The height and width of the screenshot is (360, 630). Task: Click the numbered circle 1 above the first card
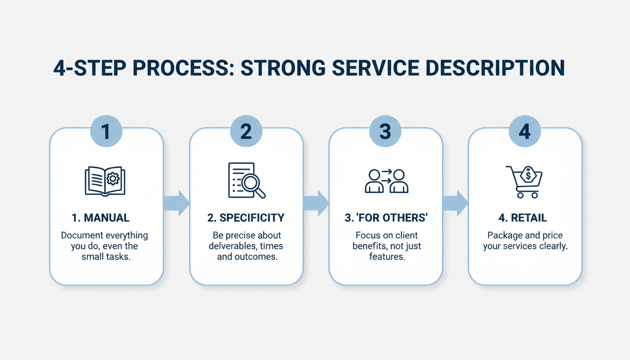point(106,132)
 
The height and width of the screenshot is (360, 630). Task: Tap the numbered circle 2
point(246,132)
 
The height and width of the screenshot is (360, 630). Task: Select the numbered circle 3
point(385,132)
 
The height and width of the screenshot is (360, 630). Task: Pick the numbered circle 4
point(525,132)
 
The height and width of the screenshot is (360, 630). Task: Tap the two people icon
point(386,181)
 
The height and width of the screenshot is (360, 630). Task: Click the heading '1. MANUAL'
point(100,218)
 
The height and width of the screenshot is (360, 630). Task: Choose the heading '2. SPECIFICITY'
point(246,218)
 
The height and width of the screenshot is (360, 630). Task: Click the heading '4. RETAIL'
point(523,218)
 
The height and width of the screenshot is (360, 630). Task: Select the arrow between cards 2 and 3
point(316,203)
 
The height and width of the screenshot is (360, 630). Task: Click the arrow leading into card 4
point(455,203)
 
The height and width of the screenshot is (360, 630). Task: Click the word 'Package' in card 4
point(504,235)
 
